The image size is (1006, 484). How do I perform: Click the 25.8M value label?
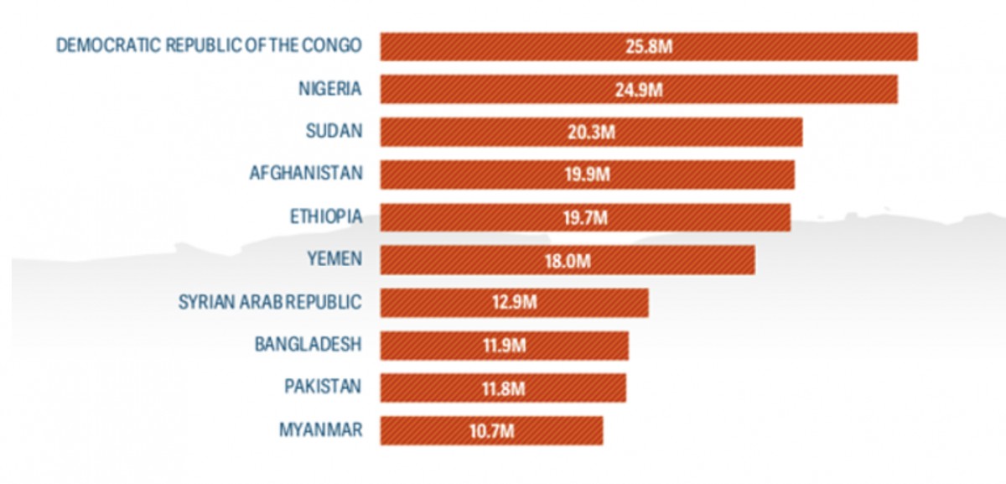(x=649, y=46)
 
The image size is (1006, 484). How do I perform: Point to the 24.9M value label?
(x=638, y=89)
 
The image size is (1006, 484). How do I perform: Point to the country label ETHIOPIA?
(x=325, y=216)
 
